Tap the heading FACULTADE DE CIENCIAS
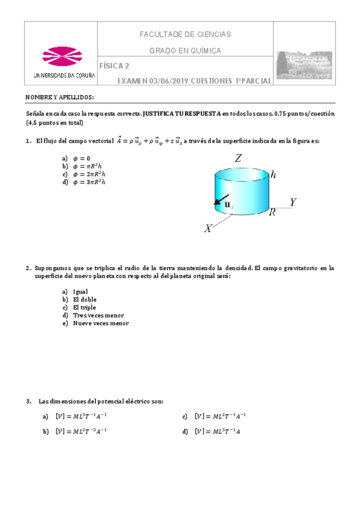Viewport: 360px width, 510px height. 185,35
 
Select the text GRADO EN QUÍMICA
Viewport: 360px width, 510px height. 185,51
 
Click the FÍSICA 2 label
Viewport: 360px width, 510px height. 114,66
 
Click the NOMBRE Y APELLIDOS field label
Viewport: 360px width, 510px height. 59,97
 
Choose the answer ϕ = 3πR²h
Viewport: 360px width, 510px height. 87,182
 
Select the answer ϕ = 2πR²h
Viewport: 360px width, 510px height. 87,174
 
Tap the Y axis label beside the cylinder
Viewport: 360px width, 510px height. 293,202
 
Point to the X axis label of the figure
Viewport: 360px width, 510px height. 209,229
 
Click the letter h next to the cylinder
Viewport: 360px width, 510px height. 273,175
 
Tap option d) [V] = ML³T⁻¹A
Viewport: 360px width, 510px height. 218,431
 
